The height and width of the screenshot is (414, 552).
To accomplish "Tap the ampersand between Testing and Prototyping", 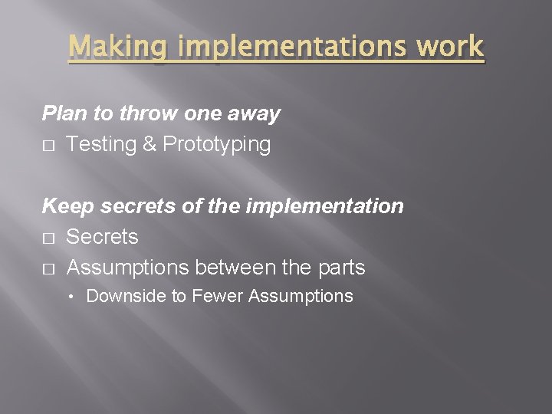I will pos(148,145).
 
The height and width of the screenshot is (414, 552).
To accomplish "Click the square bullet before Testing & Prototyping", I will pos(48,146).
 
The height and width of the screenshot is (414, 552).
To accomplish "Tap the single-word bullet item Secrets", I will pos(102,237).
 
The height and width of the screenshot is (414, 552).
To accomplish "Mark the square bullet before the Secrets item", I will pos(48,238).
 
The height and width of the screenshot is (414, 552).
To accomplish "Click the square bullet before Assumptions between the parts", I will pos(48,268).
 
